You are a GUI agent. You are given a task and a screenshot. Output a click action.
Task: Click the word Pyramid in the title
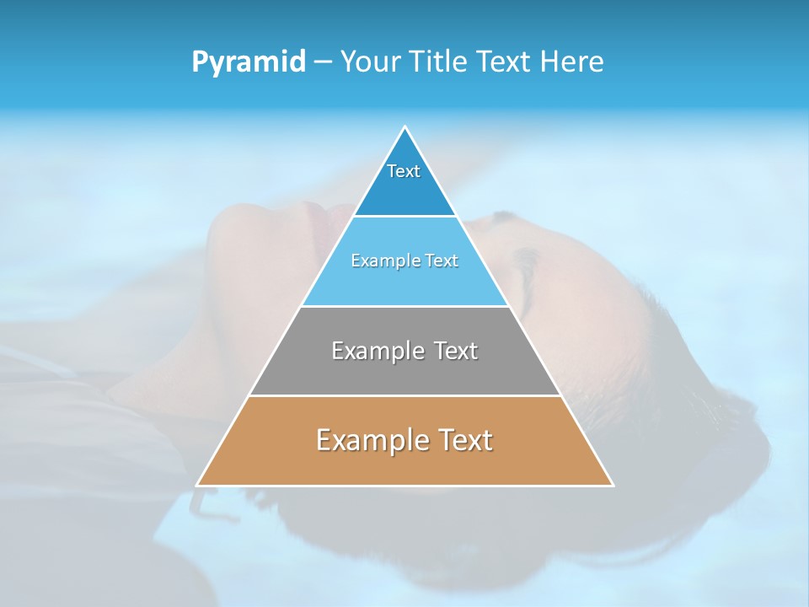pyautogui.click(x=249, y=62)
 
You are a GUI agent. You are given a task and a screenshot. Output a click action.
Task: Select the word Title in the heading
pyautogui.click(x=442, y=62)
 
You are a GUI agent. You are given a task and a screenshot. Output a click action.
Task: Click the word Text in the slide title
pyautogui.click(x=506, y=62)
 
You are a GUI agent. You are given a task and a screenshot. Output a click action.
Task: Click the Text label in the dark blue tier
pyautogui.click(x=404, y=171)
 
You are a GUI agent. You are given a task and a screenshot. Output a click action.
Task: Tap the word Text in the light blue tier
pyautogui.click(x=440, y=261)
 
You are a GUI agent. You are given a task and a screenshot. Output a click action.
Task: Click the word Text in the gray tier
pyautogui.click(x=457, y=351)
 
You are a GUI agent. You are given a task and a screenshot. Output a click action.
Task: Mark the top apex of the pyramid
pyautogui.click(x=405, y=127)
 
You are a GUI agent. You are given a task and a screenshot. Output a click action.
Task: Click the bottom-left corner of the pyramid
pyautogui.click(x=198, y=485)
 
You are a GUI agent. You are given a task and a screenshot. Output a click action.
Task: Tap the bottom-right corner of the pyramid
pyautogui.click(x=612, y=485)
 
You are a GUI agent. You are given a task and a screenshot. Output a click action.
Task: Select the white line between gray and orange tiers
pyautogui.click(x=404, y=395)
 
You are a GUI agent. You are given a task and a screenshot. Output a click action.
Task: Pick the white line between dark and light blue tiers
pyautogui.click(x=404, y=216)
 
